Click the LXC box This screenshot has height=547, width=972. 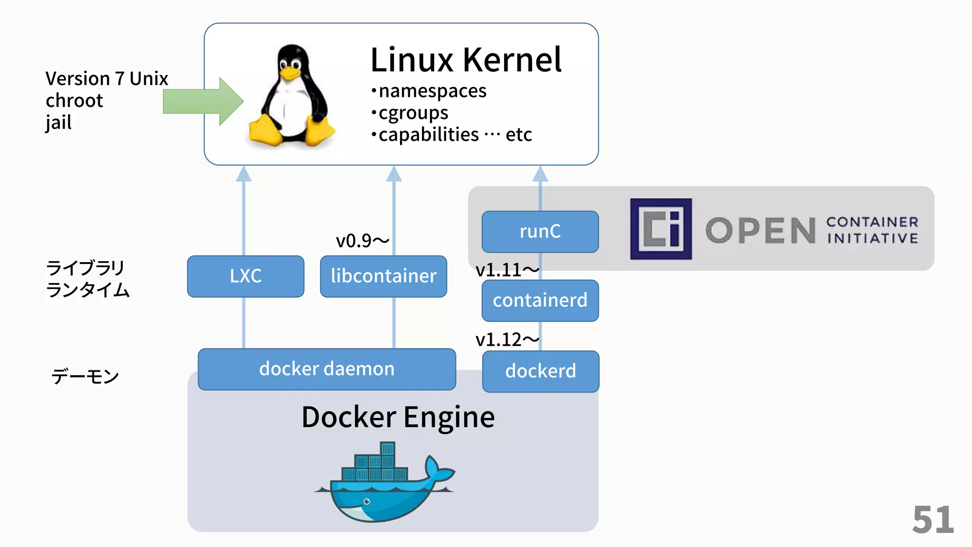(245, 276)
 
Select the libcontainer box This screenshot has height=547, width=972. (383, 276)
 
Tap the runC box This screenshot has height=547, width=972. (540, 232)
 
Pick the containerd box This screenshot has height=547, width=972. (540, 301)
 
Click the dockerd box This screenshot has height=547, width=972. (541, 371)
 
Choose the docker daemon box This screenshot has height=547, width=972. (327, 369)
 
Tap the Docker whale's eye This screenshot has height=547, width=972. (366, 501)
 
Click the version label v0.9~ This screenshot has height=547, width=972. (362, 241)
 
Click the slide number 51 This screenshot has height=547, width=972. (933, 520)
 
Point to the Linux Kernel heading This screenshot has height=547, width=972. (466, 60)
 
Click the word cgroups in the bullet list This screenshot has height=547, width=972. (413, 113)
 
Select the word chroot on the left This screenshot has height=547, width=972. (74, 101)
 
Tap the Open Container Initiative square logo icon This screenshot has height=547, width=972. (661, 229)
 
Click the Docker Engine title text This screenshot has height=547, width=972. (398, 417)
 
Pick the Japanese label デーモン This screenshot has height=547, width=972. (85, 377)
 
